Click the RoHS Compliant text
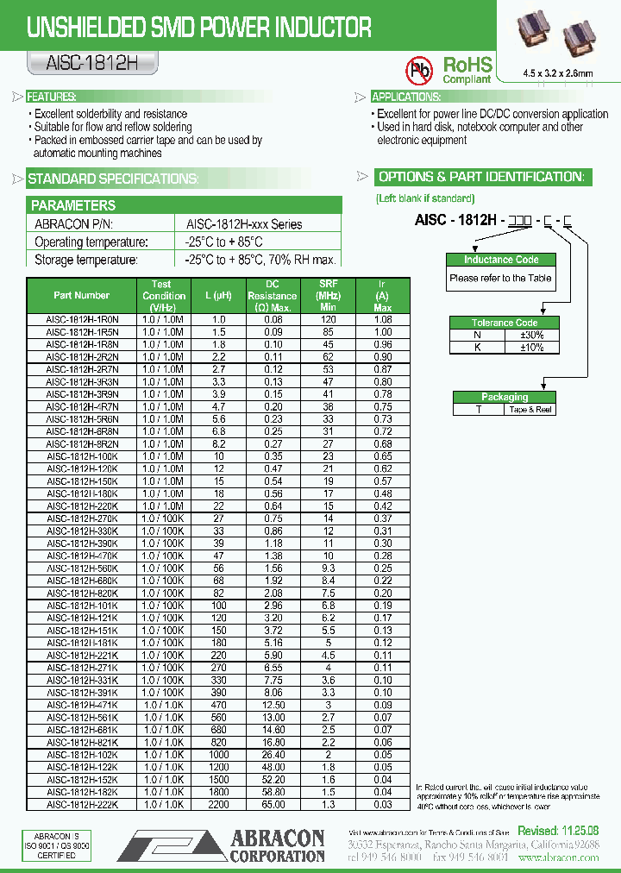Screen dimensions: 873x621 point(467,69)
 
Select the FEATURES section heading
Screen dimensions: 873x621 point(51,97)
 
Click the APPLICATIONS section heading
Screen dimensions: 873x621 point(405,97)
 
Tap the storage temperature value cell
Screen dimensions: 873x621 point(260,260)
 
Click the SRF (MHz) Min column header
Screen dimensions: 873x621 point(328,295)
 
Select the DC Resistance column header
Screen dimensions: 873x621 point(273,295)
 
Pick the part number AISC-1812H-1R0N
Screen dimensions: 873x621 point(82,319)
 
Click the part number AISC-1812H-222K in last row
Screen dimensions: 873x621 point(82,804)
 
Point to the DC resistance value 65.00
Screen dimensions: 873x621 point(273,804)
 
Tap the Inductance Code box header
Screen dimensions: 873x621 point(501,260)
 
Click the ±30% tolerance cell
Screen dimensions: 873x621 point(531,335)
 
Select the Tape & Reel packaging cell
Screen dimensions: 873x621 point(530,410)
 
